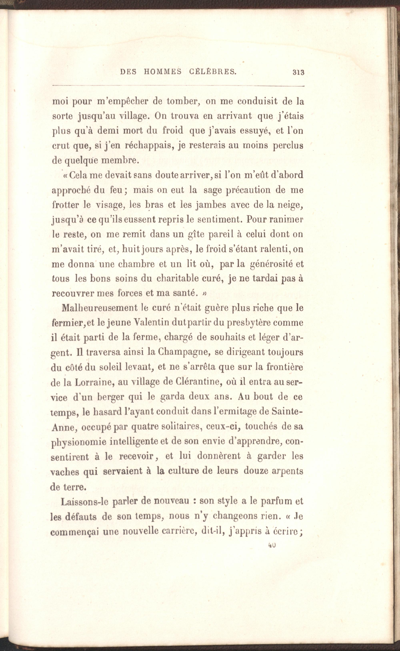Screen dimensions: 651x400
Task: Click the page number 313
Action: tap(298, 72)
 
